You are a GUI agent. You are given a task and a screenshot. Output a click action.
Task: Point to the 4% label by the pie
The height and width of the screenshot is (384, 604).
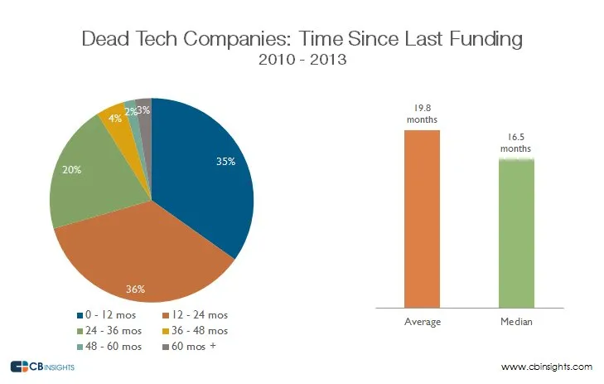(x=115, y=119)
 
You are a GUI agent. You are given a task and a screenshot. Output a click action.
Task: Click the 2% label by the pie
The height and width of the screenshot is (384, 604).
(x=130, y=111)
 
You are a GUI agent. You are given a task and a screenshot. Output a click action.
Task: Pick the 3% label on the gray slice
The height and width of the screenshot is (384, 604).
(x=143, y=110)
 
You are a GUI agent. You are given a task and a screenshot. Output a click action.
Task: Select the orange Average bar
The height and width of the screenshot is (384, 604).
(x=422, y=219)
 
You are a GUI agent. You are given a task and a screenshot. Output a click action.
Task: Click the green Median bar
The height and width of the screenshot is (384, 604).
(x=515, y=232)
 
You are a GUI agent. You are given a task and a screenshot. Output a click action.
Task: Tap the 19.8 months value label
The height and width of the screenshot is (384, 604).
(x=421, y=114)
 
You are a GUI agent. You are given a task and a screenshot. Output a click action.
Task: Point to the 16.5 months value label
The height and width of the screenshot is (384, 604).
(x=515, y=142)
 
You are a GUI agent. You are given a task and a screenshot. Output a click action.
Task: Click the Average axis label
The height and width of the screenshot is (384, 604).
(x=422, y=320)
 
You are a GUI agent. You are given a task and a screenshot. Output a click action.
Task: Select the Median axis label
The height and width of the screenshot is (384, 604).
(x=515, y=320)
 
